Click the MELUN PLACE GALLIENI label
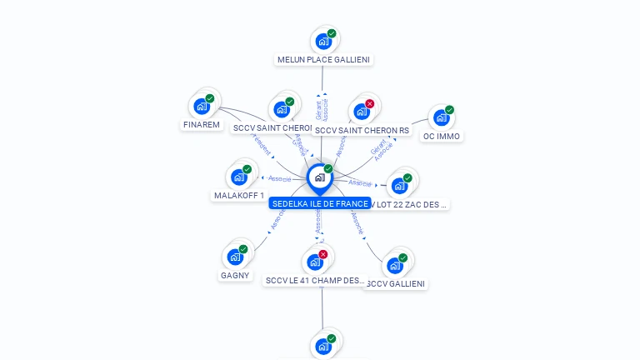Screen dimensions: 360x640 pos(323,59)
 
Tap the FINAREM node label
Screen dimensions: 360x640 pos(202,125)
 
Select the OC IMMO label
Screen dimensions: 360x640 pos(442,136)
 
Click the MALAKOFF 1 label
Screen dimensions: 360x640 pos(239,196)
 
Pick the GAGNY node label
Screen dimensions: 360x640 pos(235,275)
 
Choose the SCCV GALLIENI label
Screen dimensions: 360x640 pos(396,283)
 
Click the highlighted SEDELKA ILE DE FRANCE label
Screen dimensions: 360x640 pos(320,203)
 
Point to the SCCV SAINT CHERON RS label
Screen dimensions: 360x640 pos(362,130)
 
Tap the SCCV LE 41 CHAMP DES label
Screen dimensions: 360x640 pos(315,281)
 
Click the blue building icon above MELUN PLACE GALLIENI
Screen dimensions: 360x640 pos(322,42)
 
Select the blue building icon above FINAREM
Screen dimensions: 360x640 pos(202,106)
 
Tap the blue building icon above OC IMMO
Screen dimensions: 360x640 pos(441,117)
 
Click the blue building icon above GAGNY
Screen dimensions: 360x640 pos(235,257)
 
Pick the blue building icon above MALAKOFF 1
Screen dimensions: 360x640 pos(239,177)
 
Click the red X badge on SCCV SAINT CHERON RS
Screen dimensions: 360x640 pos(370,104)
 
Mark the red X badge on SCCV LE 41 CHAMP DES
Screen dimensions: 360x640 pos(323,254)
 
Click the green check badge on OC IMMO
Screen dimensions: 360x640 pos(449,110)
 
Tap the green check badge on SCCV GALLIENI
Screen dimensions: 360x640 pos(402,258)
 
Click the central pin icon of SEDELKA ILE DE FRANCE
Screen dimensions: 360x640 pos(319,177)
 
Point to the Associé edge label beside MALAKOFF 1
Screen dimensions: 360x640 pos(279,178)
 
